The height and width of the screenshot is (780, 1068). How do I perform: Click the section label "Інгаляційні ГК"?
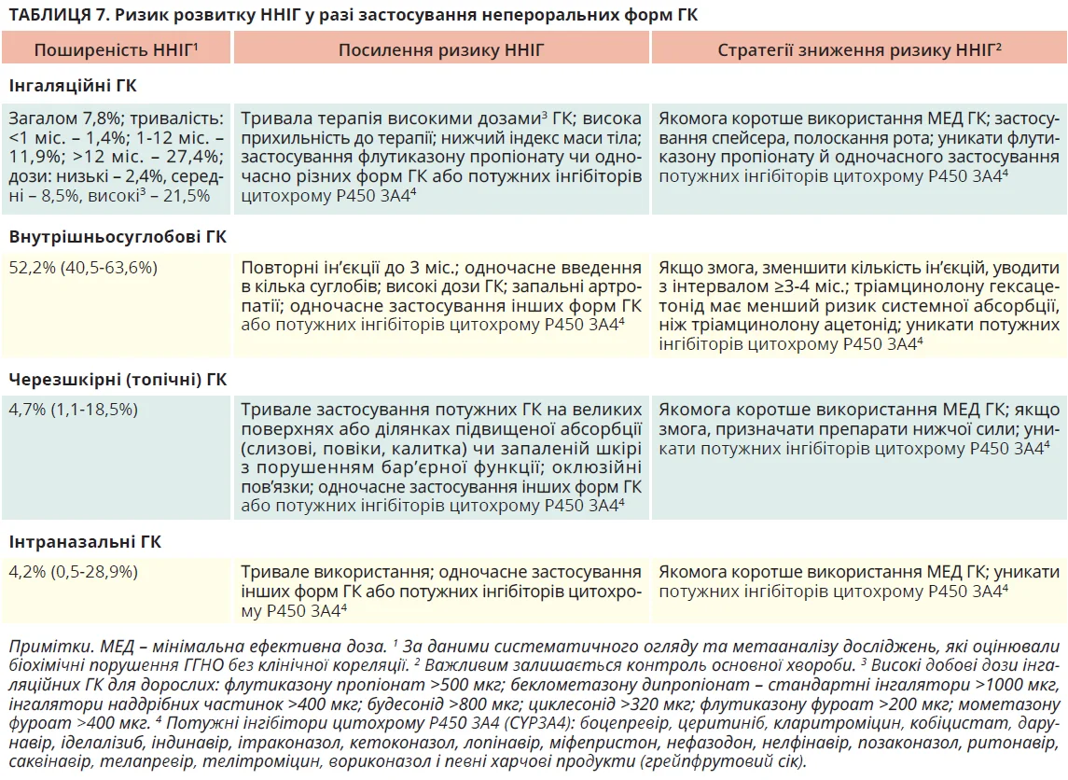[x=73, y=87]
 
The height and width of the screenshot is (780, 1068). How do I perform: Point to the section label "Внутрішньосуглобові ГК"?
[x=118, y=237]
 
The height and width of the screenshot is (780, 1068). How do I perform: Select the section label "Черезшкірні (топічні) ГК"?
[x=118, y=380]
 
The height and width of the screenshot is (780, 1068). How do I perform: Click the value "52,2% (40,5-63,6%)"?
[x=83, y=268]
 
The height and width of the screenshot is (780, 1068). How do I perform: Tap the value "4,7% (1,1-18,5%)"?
[x=74, y=410]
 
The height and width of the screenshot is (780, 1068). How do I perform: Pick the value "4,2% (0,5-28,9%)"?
[x=74, y=572]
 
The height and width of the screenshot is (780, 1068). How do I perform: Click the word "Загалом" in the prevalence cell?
[x=40, y=118]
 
